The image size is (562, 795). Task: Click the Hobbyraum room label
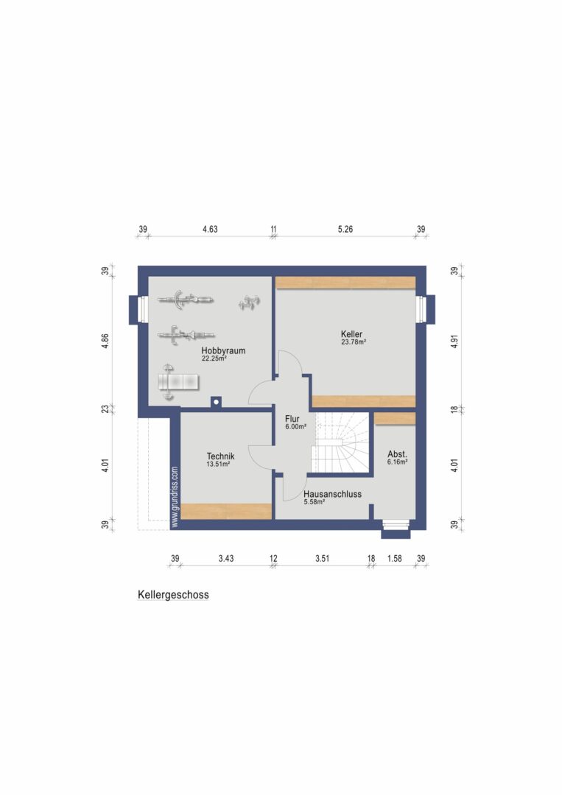click(223, 350)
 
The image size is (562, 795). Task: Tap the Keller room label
click(351, 334)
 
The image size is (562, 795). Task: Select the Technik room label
click(221, 456)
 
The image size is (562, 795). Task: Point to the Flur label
click(292, 419)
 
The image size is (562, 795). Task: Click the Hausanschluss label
click(333, 494)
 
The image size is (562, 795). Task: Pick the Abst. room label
click(397, 454)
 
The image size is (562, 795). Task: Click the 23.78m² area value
click(354, 342)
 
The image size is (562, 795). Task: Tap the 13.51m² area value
click(219, 464)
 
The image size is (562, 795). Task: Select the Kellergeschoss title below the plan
click(174, 595)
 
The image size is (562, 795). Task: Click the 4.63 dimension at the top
click(210, 229)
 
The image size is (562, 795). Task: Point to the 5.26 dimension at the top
click(345, 229)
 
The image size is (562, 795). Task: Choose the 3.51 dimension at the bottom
click(323, 558)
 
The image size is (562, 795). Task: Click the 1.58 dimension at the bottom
click(395, 558)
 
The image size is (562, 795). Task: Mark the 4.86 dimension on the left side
click(105, 341)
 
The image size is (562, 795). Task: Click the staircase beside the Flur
click(340, 442)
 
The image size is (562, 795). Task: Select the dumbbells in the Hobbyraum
click(249, 303)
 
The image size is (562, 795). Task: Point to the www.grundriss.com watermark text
click(175, 497)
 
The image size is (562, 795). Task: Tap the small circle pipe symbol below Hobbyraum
click(216, 402)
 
